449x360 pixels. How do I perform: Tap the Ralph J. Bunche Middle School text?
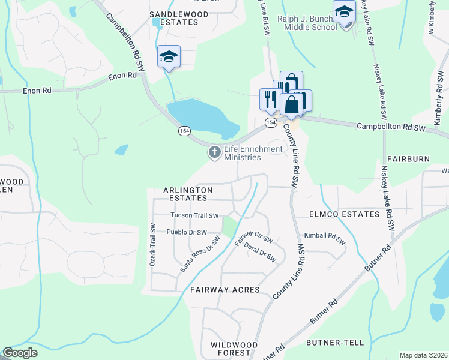(307, 23)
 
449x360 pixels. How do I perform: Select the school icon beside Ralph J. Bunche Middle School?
(345, 12)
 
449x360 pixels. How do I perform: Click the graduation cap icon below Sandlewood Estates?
(169, 57)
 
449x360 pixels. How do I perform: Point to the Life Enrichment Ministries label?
(244, 153)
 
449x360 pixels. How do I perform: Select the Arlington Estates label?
(188, 193)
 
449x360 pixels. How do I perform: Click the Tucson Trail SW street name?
(194, 215)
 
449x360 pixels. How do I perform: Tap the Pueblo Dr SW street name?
(187, 232)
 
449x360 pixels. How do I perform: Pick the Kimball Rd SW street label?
(325, 238)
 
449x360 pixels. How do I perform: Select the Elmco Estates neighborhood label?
(344, 214)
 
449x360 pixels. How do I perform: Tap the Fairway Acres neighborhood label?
(224, 290)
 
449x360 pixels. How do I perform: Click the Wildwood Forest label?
(234, 349)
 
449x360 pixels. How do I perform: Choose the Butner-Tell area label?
(335, 343)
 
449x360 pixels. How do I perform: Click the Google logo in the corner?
(20, 353)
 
